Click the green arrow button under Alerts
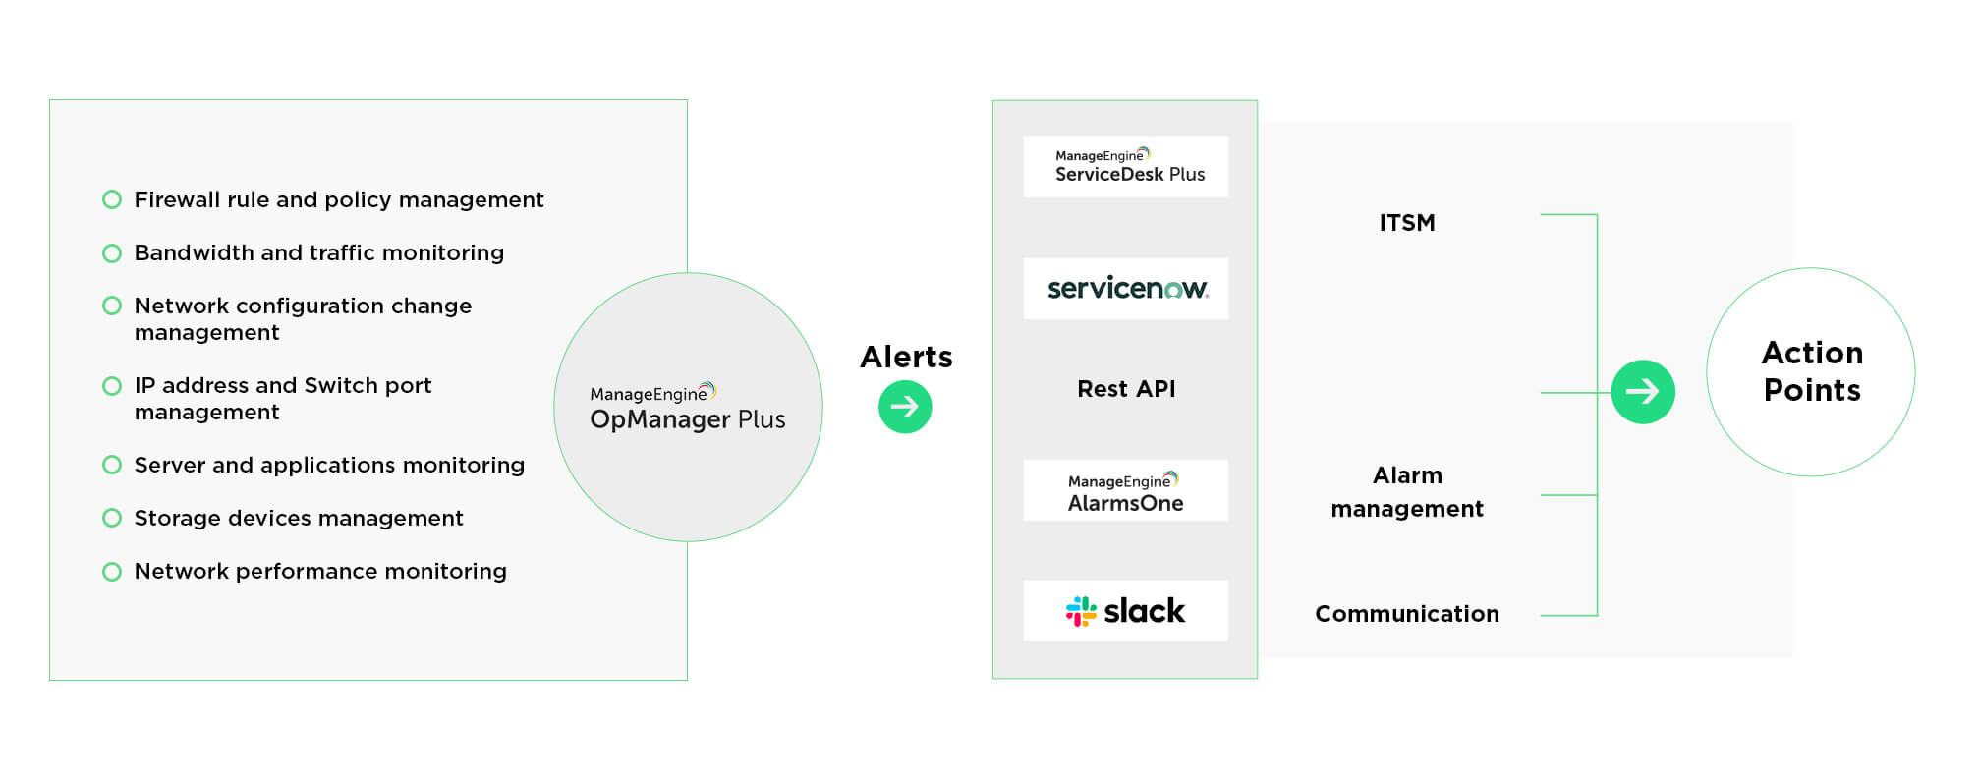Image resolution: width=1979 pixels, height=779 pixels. tap(904, 407)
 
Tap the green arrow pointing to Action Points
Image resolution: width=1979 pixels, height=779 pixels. tap(1642, 392)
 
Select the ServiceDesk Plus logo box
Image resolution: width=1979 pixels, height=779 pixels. tap(1125, 167)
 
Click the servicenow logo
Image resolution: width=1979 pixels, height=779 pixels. tap(1126, 289)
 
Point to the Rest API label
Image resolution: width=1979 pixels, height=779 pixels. tap(1126, 389)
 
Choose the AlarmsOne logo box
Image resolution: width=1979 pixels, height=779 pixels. tap(1125, 491)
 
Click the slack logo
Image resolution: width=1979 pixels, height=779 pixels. tap(1126, 611)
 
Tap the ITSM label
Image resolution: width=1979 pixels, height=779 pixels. tap(1406, 223)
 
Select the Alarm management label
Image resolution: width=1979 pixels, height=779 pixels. tap(1406, 492)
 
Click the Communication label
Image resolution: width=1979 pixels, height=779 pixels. tap(1406, 614)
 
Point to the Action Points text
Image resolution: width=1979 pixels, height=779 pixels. tap(1811, 371)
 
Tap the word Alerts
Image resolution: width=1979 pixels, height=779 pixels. tap(906, 357)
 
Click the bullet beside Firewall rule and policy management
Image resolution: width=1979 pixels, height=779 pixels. tap(112, 200)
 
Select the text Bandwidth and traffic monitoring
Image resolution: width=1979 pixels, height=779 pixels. tap(318, 253)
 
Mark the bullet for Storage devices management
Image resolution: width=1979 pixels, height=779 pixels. tap(112, 518)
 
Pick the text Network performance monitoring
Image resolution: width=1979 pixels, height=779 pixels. tap(320, 572)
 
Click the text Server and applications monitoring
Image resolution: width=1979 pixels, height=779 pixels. tap(329, 466)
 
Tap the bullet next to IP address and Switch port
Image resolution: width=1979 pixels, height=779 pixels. tap(112, 386)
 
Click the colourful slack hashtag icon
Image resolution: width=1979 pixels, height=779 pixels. tap(1081, 611)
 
